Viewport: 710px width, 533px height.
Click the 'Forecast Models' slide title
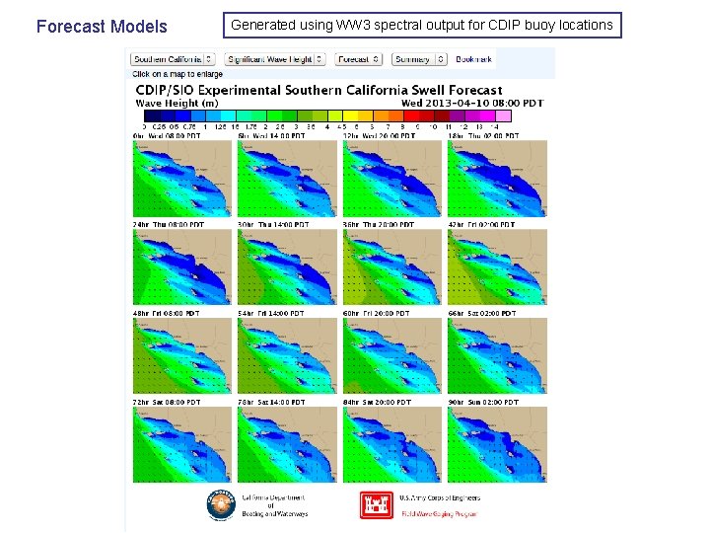point(102,27)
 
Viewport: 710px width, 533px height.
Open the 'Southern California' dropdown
point(174,59)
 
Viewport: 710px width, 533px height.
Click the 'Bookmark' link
point(474,59)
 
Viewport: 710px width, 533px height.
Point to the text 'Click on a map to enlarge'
point(177,74)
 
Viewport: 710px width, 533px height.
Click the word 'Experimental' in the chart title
point(238,90)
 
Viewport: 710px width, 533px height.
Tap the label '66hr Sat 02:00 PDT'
point(482,313)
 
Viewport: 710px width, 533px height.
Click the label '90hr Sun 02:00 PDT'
point(482,402)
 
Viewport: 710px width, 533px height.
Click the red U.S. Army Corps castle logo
point(377,505)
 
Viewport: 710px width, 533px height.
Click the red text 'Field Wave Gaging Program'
point(439,513)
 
